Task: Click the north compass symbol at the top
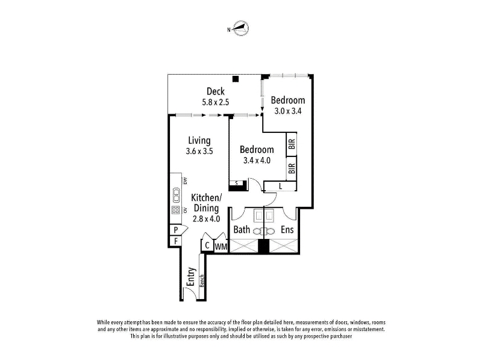[239, 28]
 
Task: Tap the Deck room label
[216, 91]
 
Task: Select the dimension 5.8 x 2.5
[216, 102]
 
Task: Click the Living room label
[199, 141]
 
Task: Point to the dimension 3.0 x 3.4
[288, 111]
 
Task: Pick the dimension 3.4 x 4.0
[257, 160]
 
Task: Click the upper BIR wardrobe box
[292, 144]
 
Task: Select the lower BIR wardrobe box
[292, 168]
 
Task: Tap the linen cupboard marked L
[280, 186]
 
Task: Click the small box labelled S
[237, 184]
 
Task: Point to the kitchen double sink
[177, 195]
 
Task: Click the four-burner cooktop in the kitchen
[176, 210]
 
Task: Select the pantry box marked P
[177, 230]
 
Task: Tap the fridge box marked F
[176, 241]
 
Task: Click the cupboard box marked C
[207, 245]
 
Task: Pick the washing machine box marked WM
[221, 247]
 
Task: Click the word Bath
[242, 230]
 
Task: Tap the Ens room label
[287, 230]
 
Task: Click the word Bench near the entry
[202, 280]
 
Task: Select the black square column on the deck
[236, 79]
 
